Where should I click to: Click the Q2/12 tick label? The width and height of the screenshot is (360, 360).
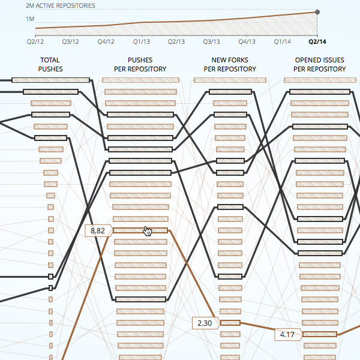(35, 41)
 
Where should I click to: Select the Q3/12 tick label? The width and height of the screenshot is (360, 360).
(71, 41)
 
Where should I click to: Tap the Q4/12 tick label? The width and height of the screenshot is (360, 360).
(106, 41)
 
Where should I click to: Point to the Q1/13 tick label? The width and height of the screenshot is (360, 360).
(142, 41)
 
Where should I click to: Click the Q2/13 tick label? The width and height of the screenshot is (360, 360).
(176, 41)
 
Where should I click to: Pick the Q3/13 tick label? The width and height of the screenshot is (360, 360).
(212, 41)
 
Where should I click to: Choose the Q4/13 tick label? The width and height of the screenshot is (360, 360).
(247, 41)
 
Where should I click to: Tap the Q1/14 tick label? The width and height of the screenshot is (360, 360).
(283, 41)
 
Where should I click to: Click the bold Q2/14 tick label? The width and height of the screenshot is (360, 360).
(317, 41)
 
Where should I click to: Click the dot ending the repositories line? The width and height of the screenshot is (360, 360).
(317, 12)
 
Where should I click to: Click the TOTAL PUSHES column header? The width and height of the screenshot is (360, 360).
(50, 65)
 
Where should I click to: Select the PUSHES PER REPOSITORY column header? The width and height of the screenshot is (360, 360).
(140, 65)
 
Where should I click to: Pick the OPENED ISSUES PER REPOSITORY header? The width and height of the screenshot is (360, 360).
(319, 65)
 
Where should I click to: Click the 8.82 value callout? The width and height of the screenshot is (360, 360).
(98, 230)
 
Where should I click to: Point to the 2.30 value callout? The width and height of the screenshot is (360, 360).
(205, 323)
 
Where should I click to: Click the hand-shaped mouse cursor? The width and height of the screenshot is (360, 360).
(148, 232)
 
